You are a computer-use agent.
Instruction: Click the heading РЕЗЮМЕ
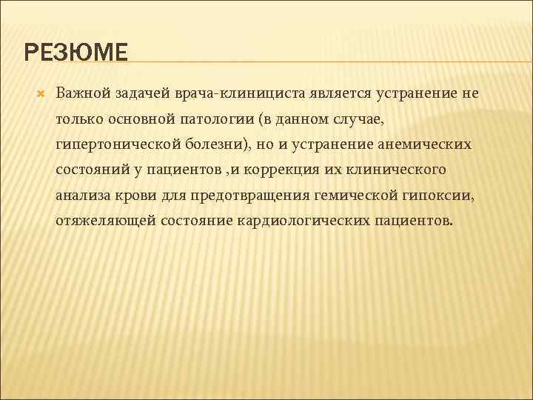coord(76,53)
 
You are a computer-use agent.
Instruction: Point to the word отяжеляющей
coord(98,221)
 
